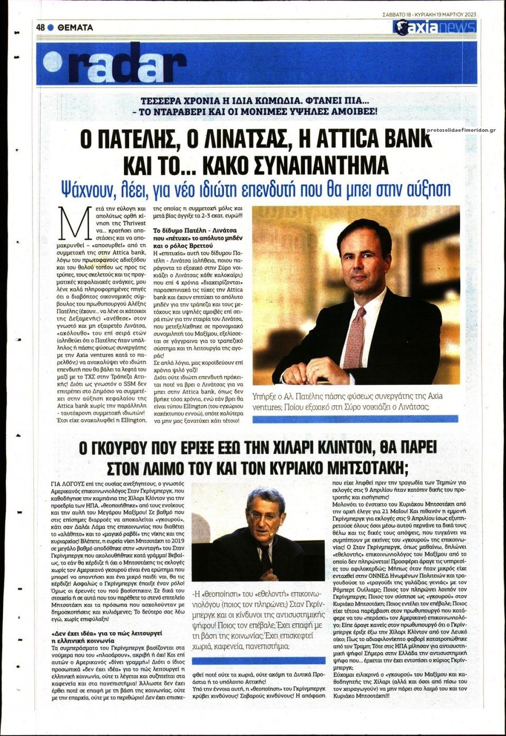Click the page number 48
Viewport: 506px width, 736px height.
[41, 27]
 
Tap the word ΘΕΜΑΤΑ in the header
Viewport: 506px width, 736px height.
[75, 27]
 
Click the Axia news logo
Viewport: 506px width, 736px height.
[435, 27]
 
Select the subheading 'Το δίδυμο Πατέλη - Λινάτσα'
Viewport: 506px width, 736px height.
[194, 230]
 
